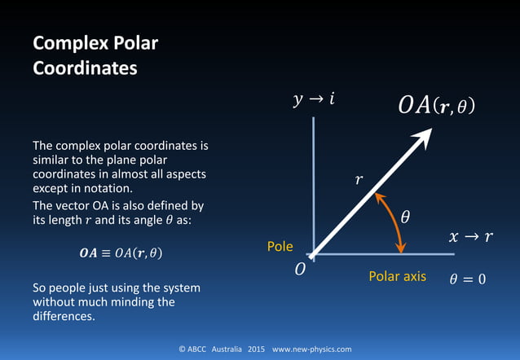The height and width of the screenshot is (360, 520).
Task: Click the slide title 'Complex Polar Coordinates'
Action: pyautogui.click(x=95, y=55)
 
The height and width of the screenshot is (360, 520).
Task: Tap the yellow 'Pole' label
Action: pyautogui.click(x=280, y=246)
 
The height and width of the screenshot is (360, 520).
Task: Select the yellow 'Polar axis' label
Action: pyautogui.click(x=397, y=276)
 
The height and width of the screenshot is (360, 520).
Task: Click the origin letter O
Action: pyautogui.click(x=300, y=269)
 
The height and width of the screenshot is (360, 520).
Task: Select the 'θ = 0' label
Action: pyautogui.click(x=467, y=279)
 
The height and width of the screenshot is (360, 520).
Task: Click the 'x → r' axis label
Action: pyautogui.click(x=470, y=238)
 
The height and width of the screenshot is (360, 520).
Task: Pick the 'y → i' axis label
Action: pyautogui.click(x=313, y=100)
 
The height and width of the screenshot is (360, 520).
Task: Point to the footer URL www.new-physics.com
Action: pyautogui.click(x=312, y=349)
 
